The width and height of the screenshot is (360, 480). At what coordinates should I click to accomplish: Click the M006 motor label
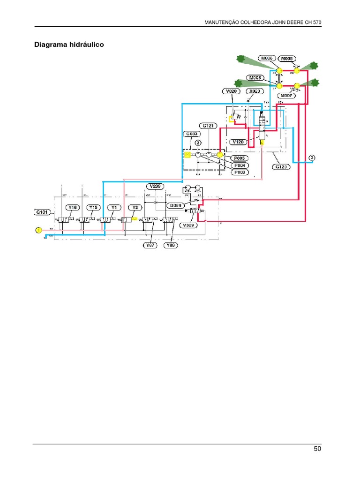pos(267,58)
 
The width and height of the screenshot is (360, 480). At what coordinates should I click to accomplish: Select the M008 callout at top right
pos(287,58)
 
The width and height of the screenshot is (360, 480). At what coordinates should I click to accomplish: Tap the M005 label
pos(255,77)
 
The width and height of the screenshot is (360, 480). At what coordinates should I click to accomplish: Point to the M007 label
pos(287,96)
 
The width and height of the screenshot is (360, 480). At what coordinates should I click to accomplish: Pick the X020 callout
pos(255,91)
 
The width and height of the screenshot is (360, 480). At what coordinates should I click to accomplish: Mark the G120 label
pos(282,166)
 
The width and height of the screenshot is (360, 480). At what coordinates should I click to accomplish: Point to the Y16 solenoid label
pos(72,207)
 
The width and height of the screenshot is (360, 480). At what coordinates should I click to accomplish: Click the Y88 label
pos(171,245)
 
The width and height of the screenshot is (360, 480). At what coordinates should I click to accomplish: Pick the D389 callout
pos(175,205)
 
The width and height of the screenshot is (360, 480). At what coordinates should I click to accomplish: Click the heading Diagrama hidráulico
pos(69,45)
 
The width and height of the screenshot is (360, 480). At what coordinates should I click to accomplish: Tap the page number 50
pos(317,449)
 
